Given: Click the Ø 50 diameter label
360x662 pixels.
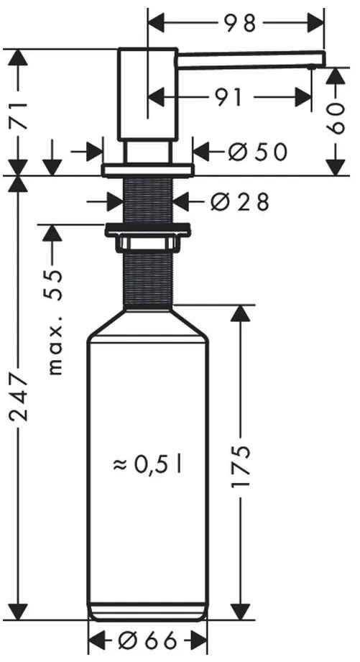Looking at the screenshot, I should point(257,152).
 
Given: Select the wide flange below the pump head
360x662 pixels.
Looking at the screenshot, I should point(147,170).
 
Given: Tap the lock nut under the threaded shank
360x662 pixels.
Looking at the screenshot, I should point(147,231).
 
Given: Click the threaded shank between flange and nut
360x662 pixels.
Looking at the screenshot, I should point(147,201).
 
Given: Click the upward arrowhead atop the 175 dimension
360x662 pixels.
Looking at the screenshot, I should point(241,313).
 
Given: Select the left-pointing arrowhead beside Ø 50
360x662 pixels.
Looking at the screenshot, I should point(203,152).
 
